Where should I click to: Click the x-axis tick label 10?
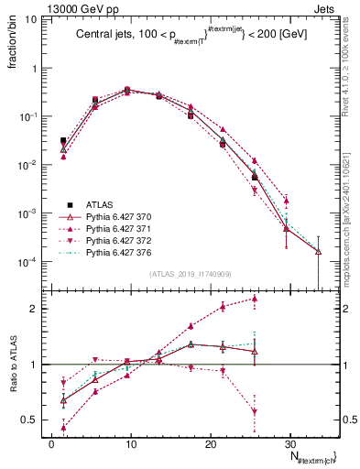pos(131,442)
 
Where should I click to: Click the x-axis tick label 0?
pos(51,442)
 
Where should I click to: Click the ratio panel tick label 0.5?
pos(30,420)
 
